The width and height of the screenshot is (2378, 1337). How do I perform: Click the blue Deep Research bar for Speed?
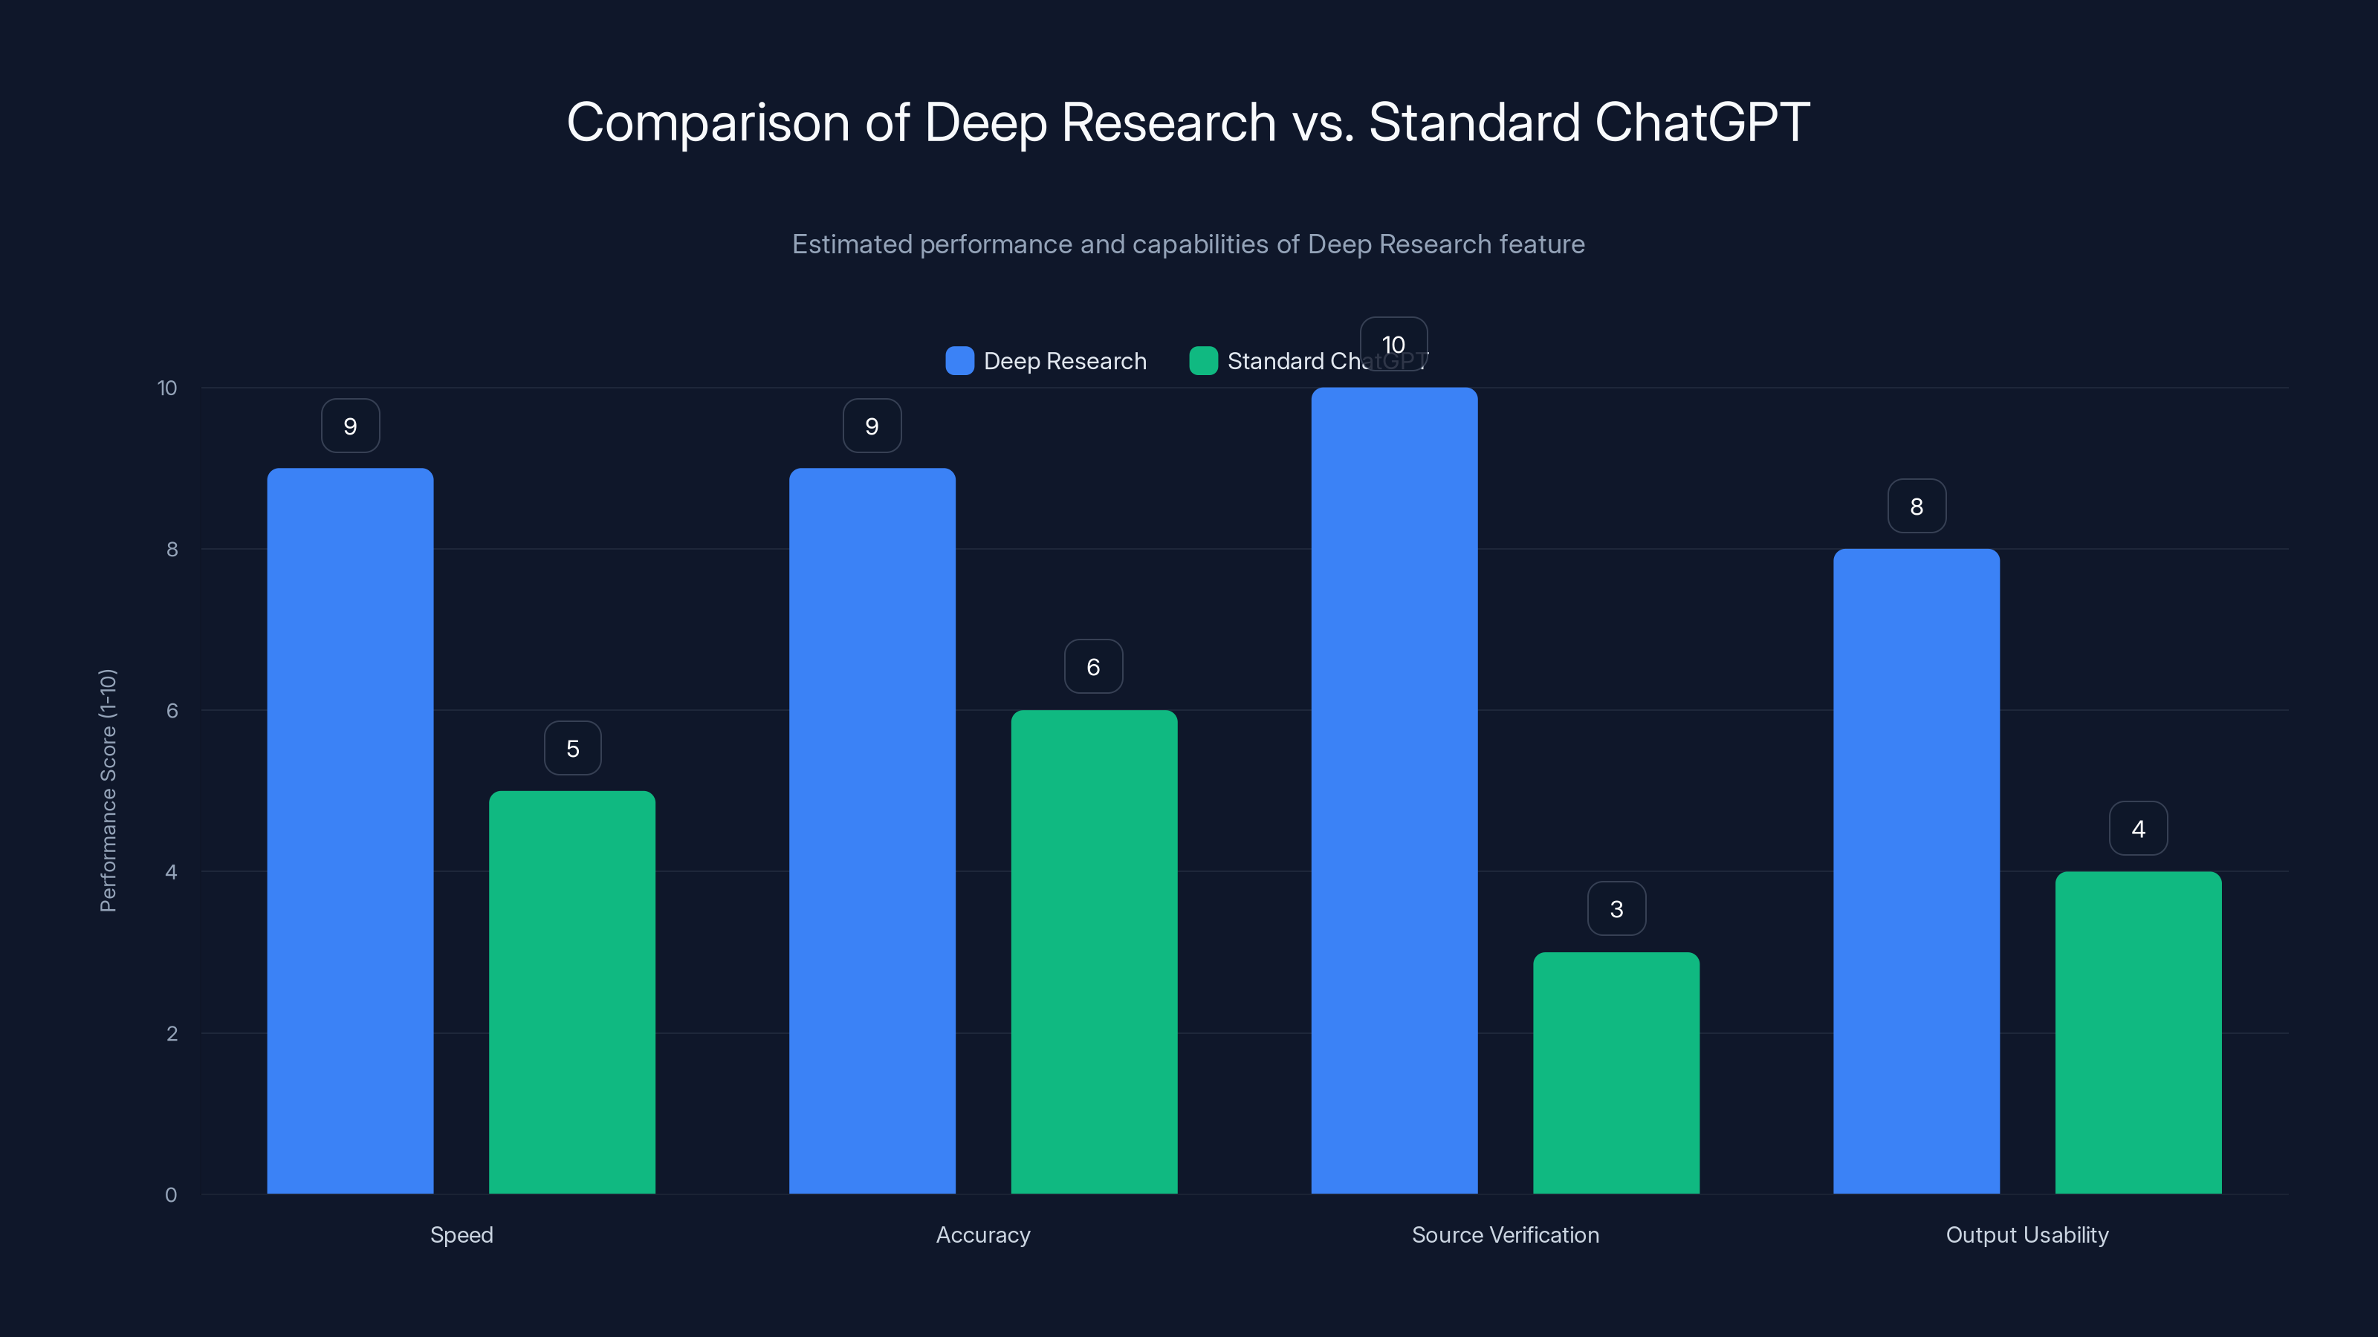click(x=350, y=830)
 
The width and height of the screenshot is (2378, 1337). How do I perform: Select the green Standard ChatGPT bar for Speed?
click(x=571, y=992)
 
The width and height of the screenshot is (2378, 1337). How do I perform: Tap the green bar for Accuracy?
click(x=1094, y=951)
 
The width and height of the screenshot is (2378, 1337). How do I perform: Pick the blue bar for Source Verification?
click(x=1394, y=791)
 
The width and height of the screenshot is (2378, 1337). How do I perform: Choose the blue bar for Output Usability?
click(x=1917, y=871)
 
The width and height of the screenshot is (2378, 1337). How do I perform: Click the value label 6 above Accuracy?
click(x=1093, y=667)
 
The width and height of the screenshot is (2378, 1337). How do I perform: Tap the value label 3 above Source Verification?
click(x=1616, y=909)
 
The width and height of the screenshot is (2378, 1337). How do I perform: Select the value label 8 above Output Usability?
click(x=1917, y=507)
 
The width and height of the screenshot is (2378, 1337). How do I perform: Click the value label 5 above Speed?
click(x=572, y=748)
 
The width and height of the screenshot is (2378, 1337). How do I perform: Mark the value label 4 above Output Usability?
click(x=2138, y=829)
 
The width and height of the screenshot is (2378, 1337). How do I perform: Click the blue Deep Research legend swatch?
click(x=959, y=361)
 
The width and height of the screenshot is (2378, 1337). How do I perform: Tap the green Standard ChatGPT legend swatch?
click(x=1203, y=361)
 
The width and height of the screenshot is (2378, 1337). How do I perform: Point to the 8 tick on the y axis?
click(x=172, y=549)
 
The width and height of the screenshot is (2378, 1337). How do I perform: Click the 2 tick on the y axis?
click(x=172, y=1033)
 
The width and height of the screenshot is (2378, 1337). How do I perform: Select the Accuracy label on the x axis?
click(x=982, y=1234)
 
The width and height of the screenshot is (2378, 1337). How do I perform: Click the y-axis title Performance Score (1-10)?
click(x=108, y=791)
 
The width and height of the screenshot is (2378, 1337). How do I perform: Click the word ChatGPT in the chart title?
click(x=1701, y=122)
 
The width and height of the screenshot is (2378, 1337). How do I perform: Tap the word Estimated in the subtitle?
click(x=851, y=244)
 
